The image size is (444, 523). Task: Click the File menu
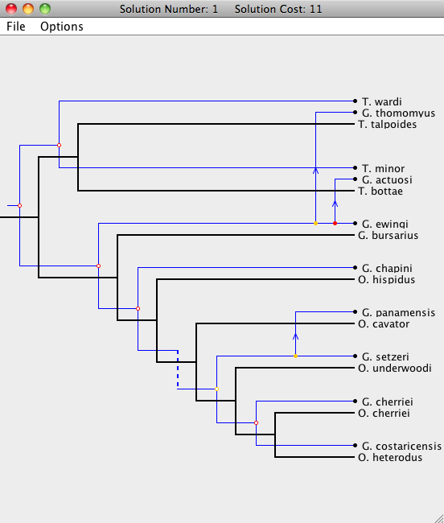(15, 27)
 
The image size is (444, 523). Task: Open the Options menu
(62, 27)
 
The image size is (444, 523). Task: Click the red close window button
(11, 9)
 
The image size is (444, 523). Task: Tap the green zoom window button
(45, 9)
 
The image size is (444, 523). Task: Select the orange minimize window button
(28, 9)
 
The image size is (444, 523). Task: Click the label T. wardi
(382, 101)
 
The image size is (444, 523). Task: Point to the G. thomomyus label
(398, 113)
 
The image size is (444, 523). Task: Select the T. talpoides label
(388, 125)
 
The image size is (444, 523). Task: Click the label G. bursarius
(388, 236)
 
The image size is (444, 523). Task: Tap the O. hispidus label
(386, 279)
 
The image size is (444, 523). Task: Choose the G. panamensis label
(398, 312)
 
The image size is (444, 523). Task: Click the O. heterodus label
(390, 457)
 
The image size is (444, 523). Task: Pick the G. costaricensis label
(401, 446)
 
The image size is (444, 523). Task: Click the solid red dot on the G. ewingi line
(335, 224)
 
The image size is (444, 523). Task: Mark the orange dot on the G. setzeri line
(296, 356)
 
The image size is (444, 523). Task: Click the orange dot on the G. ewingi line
(315, 224)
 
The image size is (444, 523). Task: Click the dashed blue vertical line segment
(178, 369)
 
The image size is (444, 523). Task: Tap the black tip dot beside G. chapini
(355, 267)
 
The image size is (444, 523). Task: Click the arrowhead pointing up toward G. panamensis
(296, 336)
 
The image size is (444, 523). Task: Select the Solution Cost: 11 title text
(278, 9)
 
